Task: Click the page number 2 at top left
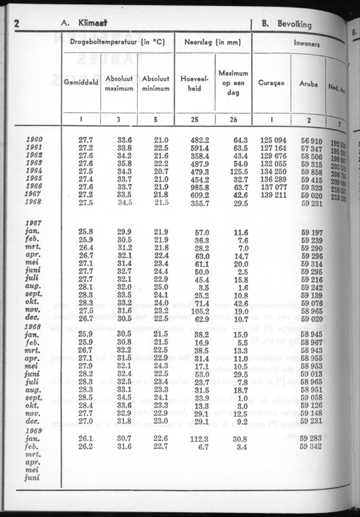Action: [16, 24]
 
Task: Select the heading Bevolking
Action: [294, 25]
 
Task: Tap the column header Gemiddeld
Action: [81, 82]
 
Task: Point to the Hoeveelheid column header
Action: [194, 84]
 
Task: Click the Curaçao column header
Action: [271, 83]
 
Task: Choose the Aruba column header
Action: [308, 84]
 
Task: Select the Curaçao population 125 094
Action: [273, 140]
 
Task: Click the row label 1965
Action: [34, 178]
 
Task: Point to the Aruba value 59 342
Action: [311, 447]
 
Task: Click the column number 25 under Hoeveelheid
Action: [194, 120]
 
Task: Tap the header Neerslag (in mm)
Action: [212, 43]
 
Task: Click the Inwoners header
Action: [307, 44]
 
